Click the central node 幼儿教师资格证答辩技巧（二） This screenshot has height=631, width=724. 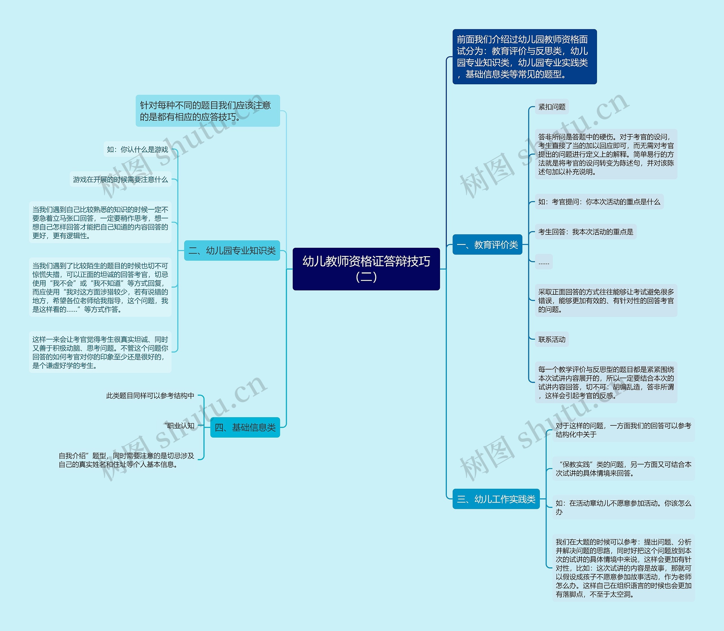point(366,269)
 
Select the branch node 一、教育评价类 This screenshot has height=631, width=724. point(487,245)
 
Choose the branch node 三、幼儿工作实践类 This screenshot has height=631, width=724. point(496,499)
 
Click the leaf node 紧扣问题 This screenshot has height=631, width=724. point(551,107)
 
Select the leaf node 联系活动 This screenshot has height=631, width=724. point(551,339)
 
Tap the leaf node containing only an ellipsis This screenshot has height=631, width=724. point(544,262)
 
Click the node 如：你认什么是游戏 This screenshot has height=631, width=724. point(137,150)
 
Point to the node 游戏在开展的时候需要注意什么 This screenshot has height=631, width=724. point(120,180)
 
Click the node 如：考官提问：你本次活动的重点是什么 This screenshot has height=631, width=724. point(599,202)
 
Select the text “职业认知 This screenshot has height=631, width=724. point(179,426)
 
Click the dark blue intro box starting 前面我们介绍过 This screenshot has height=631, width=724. point(524,57)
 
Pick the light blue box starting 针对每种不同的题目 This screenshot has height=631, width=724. point(208,111)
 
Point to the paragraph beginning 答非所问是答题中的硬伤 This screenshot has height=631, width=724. point(606,154)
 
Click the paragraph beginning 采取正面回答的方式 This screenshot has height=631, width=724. point(606,300)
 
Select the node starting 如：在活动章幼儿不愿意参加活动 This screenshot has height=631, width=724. point(623,507)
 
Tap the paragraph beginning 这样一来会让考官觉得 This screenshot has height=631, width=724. point(100,352)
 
